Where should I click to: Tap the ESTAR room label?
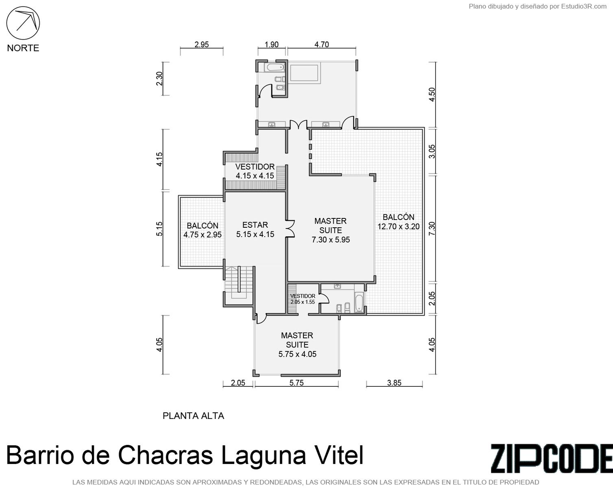point(255,225)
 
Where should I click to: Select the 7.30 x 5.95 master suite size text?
point(331,240)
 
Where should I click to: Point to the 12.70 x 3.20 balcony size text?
point(399,227)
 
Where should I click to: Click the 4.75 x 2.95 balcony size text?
point(203,235)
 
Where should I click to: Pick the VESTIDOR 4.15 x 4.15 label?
point(255,171)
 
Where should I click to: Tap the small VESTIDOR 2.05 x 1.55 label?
point(303,299)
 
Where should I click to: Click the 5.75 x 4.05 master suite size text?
point(297,354)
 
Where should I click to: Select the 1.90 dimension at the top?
point(271,45)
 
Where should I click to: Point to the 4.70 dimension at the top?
point(322,45)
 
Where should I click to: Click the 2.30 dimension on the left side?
point(159,78)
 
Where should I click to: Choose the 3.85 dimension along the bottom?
point(394,383)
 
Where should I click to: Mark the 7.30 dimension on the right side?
point(432,229)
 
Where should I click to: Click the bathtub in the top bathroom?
point(275,68)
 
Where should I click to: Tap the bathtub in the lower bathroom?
point(359,303)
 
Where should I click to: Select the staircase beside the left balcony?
point(239,283)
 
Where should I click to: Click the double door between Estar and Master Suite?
point(290,229)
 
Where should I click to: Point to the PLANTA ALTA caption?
point(193,416)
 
